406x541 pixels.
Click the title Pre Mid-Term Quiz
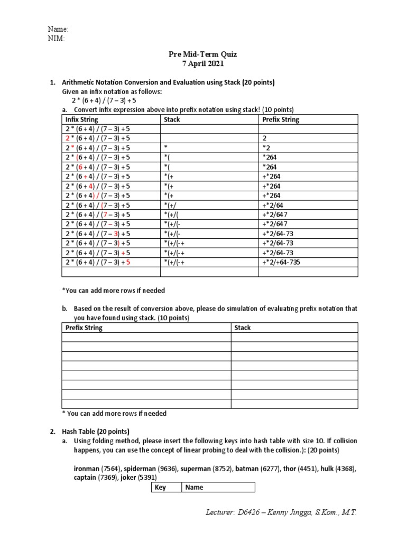pos(203,54)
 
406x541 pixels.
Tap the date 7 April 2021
pos(203,64)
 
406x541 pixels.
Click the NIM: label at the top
pos(57,38)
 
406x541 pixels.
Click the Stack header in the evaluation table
pos(243,328)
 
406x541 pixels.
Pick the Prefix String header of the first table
pos(281,120)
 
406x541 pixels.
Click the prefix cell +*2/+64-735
pos(281,263)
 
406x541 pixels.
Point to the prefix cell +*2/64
pos(272,206)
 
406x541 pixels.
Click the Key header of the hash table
pos(160,488)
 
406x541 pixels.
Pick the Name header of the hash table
pos(194,488)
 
